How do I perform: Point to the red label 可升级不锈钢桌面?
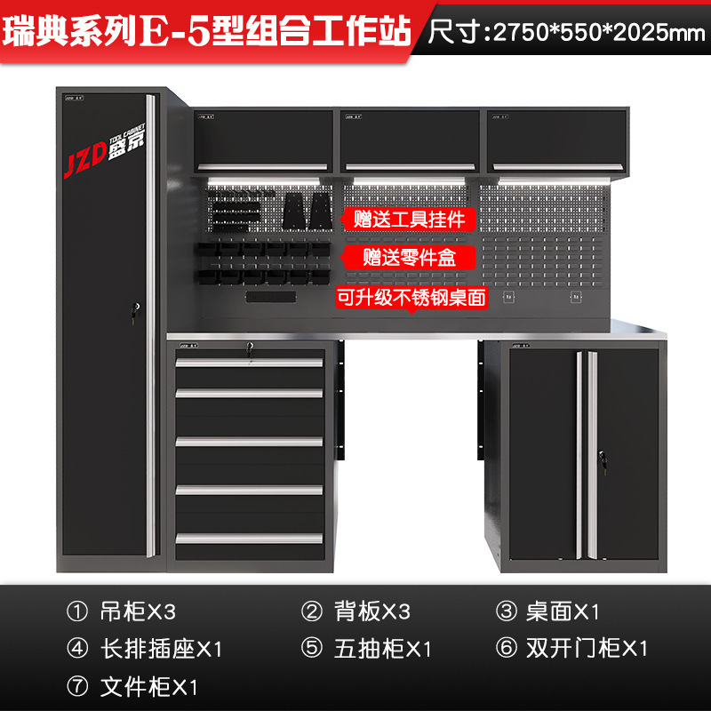411,298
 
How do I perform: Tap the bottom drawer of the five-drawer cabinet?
249,538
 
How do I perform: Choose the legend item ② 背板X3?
355,611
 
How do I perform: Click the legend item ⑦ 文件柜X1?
133,686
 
